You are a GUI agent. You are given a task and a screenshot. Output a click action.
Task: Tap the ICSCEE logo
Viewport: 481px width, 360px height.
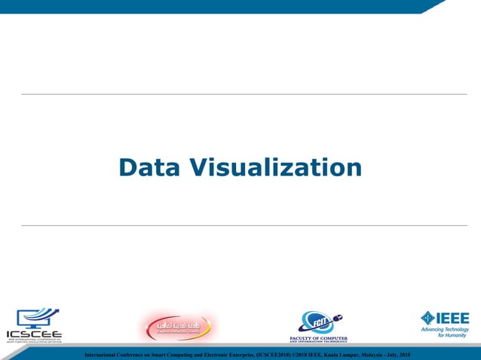click(x=35, y=325)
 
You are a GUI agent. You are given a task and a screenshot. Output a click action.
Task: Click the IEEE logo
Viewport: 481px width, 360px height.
click(x=445, y=325)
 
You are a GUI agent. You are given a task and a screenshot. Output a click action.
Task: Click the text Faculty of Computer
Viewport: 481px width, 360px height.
click(x=318, y=338)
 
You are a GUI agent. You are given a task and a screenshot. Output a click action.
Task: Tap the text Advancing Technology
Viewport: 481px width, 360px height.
click(x=445, y=330)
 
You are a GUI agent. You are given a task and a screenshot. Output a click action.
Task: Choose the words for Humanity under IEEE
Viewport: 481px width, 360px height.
click(x=452, y=336)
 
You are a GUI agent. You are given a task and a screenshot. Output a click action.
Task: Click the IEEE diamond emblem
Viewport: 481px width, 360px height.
click(x=427, y=318)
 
